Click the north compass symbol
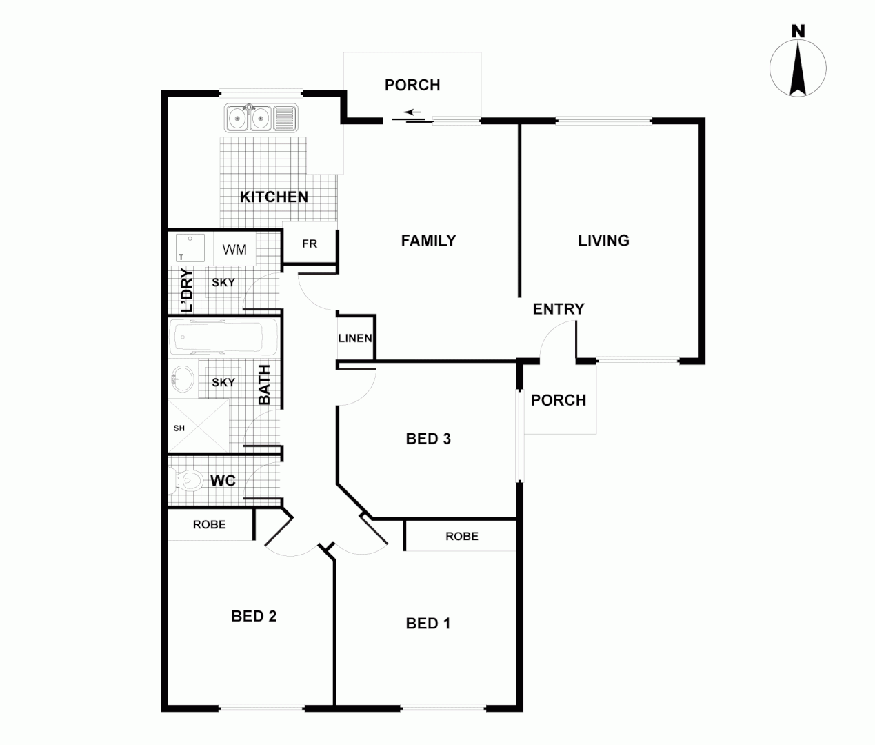pos(798,67)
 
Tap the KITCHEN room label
pos(274,197)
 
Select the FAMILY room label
pos(428,241)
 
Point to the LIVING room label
pos(603,241)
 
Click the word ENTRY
pos(559,309)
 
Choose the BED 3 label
pos(428,439)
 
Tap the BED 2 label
pos(254,616)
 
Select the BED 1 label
pos(428,624)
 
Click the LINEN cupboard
pos(355,338)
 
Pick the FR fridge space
pos(310,244)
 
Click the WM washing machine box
pos(234,249)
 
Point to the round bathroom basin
pos(183,379)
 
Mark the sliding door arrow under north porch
pos(412,112)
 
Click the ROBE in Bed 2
pos(210,525)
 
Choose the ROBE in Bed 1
pos(461,536)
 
